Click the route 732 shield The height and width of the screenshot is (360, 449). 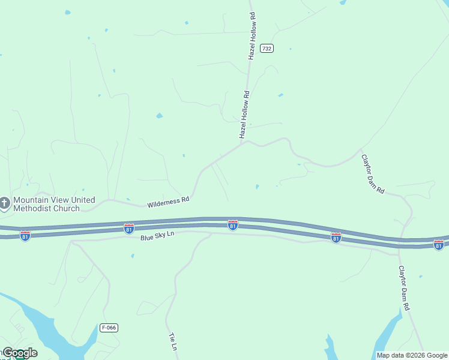pyautogui.click(x=267, y=48)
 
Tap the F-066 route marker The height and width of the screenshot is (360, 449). pyautogui.click(x=109, y=327)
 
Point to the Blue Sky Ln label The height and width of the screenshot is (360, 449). pyautogui.click(x=157, y=236)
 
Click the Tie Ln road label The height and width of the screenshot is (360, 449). pyautogui.click(x=173, y=341)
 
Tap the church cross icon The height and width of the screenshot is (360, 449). pyautogui.click(x=5, y=204)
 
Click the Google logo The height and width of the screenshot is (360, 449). pyautogui.click(x=20, y=353)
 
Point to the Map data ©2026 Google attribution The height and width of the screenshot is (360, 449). pyautogui.click(x=412, y=355)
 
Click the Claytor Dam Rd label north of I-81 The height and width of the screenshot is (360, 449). pyautogui.click(x=373, y=174)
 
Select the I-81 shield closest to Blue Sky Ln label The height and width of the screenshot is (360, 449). pyautogui.click(x=128, y=228)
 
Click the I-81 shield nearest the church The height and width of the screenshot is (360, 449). pyautogui.click(x=25, y=235)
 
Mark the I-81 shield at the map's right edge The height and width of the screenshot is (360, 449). pyautogui.click(x=439, y=244)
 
